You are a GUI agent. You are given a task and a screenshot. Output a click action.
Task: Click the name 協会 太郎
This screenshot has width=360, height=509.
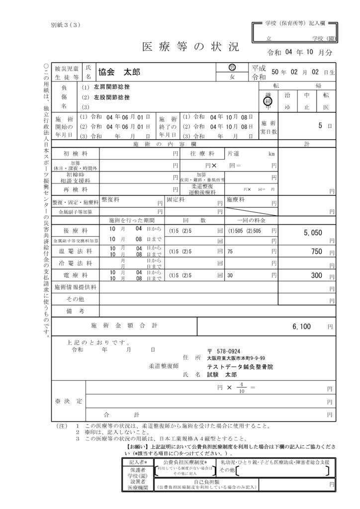click(x=119, y=72)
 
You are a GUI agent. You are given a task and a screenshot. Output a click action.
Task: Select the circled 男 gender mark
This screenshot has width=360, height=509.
click(x=232, y=68)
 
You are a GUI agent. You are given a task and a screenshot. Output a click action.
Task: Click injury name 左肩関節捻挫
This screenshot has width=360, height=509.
click(x=112, y=87)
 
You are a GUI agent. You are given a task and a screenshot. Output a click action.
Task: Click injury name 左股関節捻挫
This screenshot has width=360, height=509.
click(x=112, y=97)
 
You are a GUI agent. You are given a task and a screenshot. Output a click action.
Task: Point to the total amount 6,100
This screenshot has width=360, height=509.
click(x=302, y=327)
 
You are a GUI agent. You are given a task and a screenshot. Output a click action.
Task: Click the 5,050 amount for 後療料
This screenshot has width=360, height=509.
click(x=313, y=232)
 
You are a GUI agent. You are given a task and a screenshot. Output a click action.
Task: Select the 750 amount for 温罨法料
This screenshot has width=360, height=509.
click(x=317, y=252)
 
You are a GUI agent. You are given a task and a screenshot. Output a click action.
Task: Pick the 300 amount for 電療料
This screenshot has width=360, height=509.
click(x=317, y=275)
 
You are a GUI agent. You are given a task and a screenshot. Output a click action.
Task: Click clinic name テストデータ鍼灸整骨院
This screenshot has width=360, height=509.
click(x=240, y=367)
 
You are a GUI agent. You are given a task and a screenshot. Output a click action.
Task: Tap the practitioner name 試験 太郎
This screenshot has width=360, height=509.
click(x=222, y=375)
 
